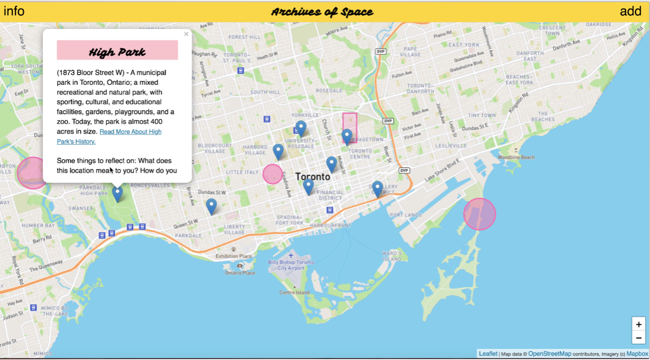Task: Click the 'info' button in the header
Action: pos(14,11)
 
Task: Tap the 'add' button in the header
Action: pos(630,11)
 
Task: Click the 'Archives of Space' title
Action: pos(322,12)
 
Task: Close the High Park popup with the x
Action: pos(186,34)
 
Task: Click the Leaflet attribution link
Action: pos(488,354)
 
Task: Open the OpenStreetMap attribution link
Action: pos(550,354)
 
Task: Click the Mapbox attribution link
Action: pos(637,354)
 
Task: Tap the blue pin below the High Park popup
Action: pos(118,193)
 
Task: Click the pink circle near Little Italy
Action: pos(273,174)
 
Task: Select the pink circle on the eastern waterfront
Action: pos(479,214)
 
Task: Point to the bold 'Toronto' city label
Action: pos(313,177)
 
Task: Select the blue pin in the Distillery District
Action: pos(377,188)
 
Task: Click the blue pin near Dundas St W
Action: pos(211,206)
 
